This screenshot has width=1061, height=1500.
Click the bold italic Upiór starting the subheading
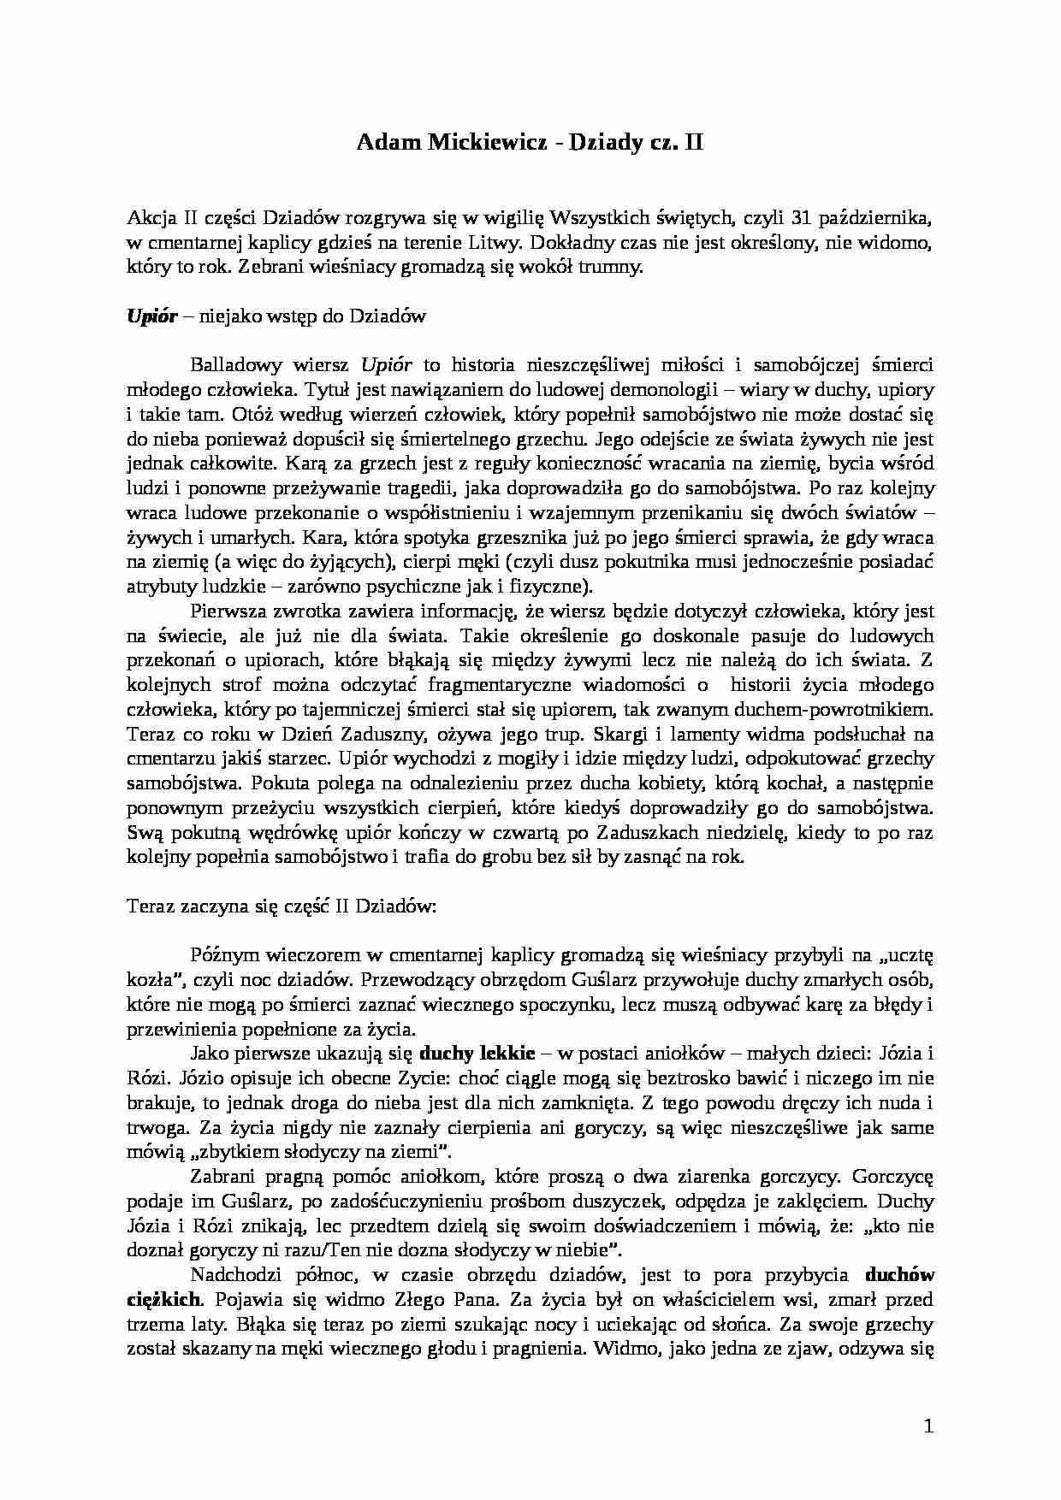click(151, 316)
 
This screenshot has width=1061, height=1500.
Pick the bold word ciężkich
click(164, 1300)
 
